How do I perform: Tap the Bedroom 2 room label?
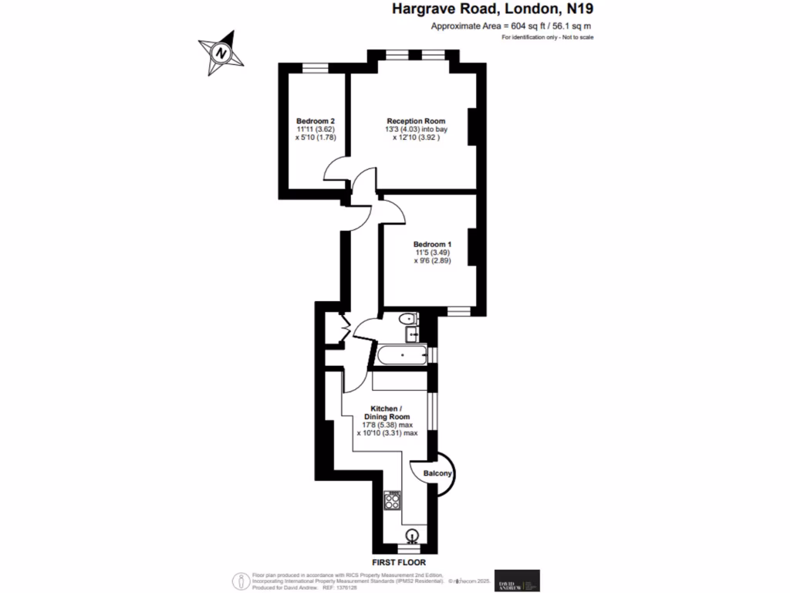click(315, 121)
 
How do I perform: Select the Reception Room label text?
click(416, 121)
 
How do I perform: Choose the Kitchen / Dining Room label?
click(386, 412)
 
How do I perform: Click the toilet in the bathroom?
click(405, 320)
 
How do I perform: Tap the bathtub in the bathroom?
click(400, 356)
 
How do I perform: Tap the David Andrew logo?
click(517, 581)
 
